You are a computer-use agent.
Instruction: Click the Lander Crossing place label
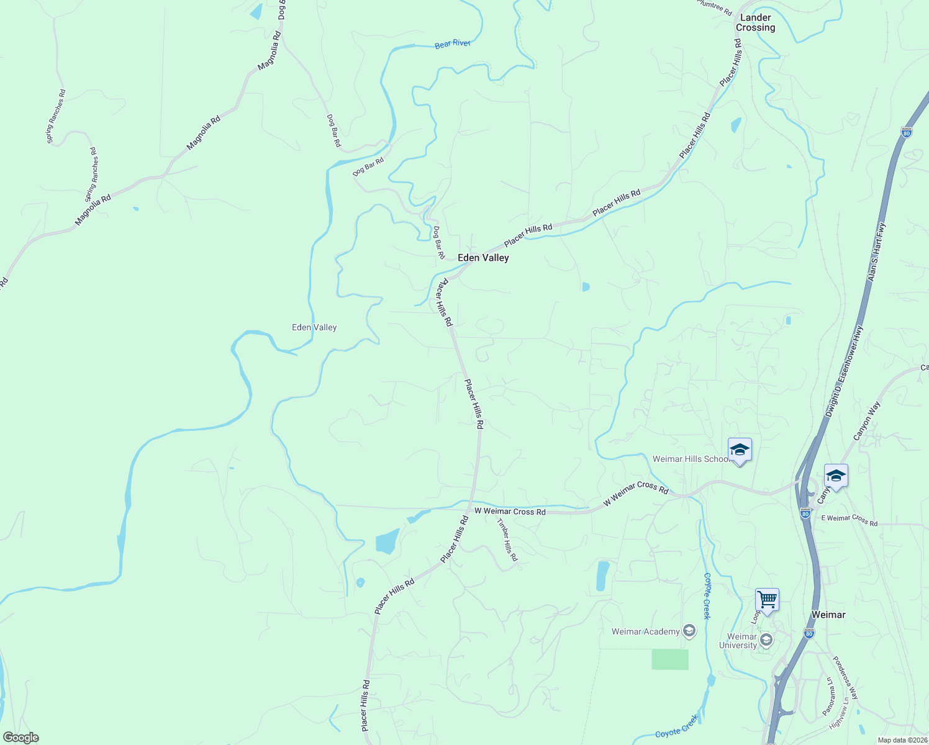[755, 22]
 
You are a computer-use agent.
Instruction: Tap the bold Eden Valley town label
[483, 258]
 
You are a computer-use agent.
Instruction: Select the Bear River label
[453, 43]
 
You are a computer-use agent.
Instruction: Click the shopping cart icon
[768, 600]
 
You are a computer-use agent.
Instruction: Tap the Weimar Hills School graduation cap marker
[740, 449]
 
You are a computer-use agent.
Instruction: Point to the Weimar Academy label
[646, 631]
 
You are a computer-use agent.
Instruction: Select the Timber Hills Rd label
[507, 540]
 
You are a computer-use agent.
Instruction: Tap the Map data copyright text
[902, 740]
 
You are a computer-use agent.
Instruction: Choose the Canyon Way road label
[867, 422]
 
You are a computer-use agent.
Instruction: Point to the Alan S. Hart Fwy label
[877, 252]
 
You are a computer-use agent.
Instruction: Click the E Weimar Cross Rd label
[850, 520]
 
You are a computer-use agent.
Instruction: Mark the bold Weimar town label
[828, 615]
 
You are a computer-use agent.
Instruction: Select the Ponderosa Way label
[845, 678]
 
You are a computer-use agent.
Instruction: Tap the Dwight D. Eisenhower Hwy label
[845, 372]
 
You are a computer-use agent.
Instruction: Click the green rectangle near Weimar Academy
[670, 659]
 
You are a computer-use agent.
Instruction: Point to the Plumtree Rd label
[715, 7]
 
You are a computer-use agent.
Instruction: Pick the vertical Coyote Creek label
[707, 596]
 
